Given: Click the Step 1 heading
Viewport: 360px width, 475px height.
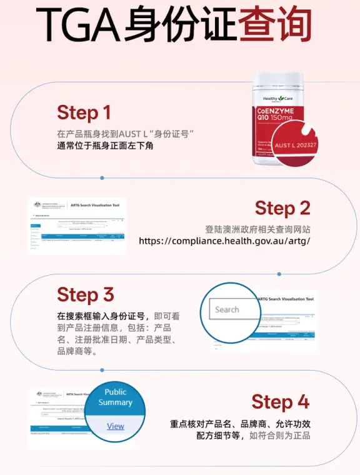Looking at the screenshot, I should [84, 112].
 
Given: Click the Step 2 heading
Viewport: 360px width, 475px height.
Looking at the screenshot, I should [282, 208].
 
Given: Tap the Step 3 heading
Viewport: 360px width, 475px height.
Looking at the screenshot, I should [86, 294].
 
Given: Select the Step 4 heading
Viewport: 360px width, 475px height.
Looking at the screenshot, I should [281, 401].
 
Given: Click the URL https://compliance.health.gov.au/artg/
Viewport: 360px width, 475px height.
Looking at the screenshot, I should [224, 241].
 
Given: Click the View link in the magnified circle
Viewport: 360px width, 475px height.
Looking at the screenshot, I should [116, 426].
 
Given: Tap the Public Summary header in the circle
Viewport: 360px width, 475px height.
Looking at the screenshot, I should [115, 397].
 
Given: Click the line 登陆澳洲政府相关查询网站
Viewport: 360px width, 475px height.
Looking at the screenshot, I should [257, 229].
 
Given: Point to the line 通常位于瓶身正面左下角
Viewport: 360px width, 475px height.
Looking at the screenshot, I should [105, 146].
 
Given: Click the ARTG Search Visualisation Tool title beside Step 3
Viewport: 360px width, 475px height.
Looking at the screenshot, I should [286, 299].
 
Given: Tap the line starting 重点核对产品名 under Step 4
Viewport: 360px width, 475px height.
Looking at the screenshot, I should [240, 423].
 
